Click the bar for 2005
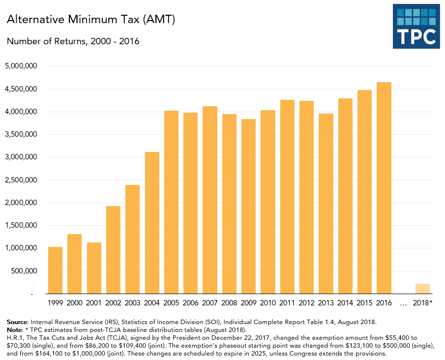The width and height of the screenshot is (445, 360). coord(171,202)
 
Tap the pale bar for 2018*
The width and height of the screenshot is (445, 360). coord(422,289)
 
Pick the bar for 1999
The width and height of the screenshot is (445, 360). coord(55,270)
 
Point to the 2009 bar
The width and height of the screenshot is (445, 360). coord(248,206)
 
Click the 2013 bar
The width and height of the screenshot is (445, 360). coord(326,204)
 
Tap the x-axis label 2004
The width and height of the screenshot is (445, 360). coord(152,302)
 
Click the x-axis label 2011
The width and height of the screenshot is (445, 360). coord(287,302)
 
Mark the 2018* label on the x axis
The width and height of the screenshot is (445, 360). coord(423,302)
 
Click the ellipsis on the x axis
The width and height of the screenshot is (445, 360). coord(403,303)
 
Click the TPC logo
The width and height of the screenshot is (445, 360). coord(416,27)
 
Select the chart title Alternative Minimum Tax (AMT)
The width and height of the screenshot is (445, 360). coord(91,20)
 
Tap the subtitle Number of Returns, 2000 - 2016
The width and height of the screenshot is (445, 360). coord(73,41)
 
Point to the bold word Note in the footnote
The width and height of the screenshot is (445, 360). coord(15,330)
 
